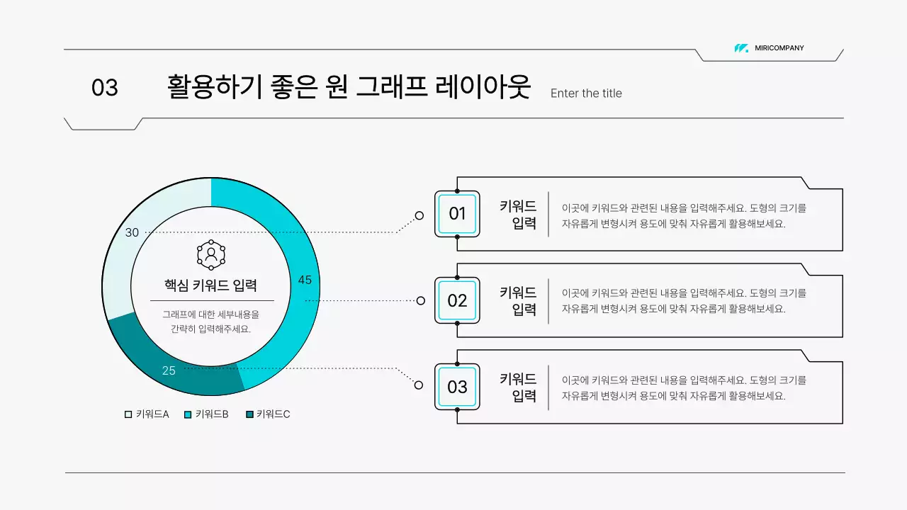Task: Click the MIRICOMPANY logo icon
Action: [x=741, y=48]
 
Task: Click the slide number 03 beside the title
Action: [x=105, y=88]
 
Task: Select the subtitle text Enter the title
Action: [x=586, y=93]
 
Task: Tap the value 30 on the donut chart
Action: [x=133, y=232]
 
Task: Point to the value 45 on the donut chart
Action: [x=305, y=280]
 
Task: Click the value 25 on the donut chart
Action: [x=169, y=370]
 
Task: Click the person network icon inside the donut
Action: [x=211, y=255]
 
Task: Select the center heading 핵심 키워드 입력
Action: [x=210, y=285]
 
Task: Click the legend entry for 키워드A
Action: [x=147, y=414]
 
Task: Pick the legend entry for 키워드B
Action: [x=206, y=414]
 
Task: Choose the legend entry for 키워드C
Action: [x=267, y=414]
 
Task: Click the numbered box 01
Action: [x=457, y=214]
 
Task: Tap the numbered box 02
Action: [x=457, y=300]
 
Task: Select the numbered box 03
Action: [x=457, y=387]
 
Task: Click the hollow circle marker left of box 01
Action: [x=419, y=215]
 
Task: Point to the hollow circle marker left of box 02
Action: [x=420, y=300]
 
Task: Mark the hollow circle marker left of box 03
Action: [x=419, y=385]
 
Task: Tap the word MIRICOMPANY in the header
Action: [x=779, y=48]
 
